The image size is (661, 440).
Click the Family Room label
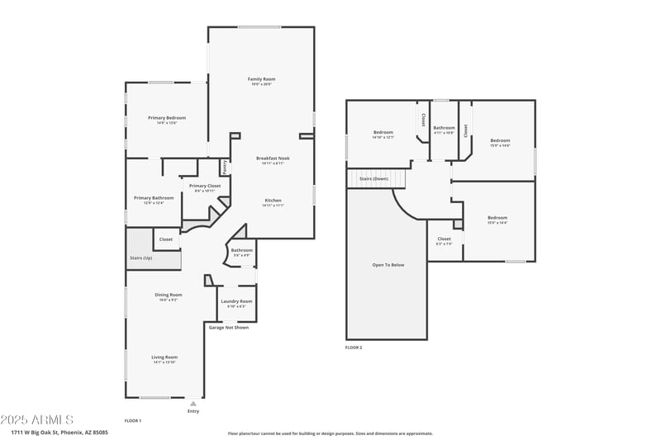(260, 79)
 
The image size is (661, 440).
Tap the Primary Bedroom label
(167, 118)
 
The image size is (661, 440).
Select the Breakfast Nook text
(272, 158)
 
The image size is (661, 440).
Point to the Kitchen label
(273, 201)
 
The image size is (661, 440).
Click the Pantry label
(224, 168)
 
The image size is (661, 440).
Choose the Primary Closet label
(204, 187)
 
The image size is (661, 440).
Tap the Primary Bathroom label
(154, 198)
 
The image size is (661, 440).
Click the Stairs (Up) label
(141, 258)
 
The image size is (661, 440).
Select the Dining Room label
(168, 295)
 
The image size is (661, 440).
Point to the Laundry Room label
(236, 301)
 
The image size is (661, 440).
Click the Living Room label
(164, 357)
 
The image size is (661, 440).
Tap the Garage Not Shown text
(228, 328)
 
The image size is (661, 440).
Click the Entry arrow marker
(193, 404)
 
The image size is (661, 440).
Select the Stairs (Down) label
(373, 178)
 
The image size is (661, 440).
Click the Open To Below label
(388, 265)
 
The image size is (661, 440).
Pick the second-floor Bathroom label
(444, 128)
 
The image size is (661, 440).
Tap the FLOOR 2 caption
(354, 348)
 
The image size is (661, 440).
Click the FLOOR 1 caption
(133, 421)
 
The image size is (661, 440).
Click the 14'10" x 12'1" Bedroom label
(383, 133)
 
